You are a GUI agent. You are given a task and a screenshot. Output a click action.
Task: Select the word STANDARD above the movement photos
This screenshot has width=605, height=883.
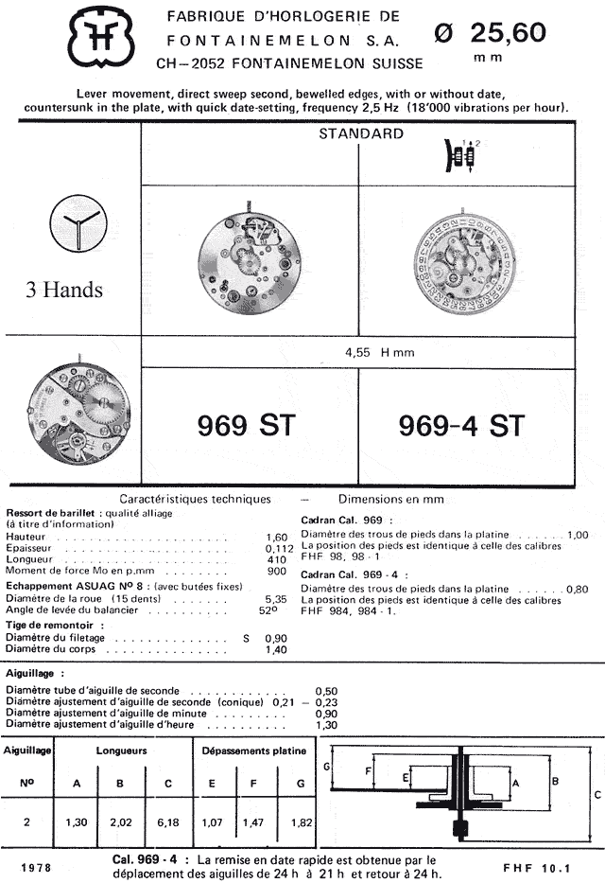pos(360,133)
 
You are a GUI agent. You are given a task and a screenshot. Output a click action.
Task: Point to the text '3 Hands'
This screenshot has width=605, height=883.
pos(63,290)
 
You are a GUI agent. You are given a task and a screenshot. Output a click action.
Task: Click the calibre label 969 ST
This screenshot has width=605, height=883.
pos(248,426)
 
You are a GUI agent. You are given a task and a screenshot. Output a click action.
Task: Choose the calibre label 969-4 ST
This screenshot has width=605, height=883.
pos(460,426)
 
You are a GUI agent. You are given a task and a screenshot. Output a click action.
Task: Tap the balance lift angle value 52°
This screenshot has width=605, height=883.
pos(276,610)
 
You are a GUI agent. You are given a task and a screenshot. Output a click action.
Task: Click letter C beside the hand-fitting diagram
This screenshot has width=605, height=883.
pos(596,795)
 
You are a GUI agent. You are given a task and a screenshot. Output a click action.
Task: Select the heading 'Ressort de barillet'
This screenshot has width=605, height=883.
pos(52,512)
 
